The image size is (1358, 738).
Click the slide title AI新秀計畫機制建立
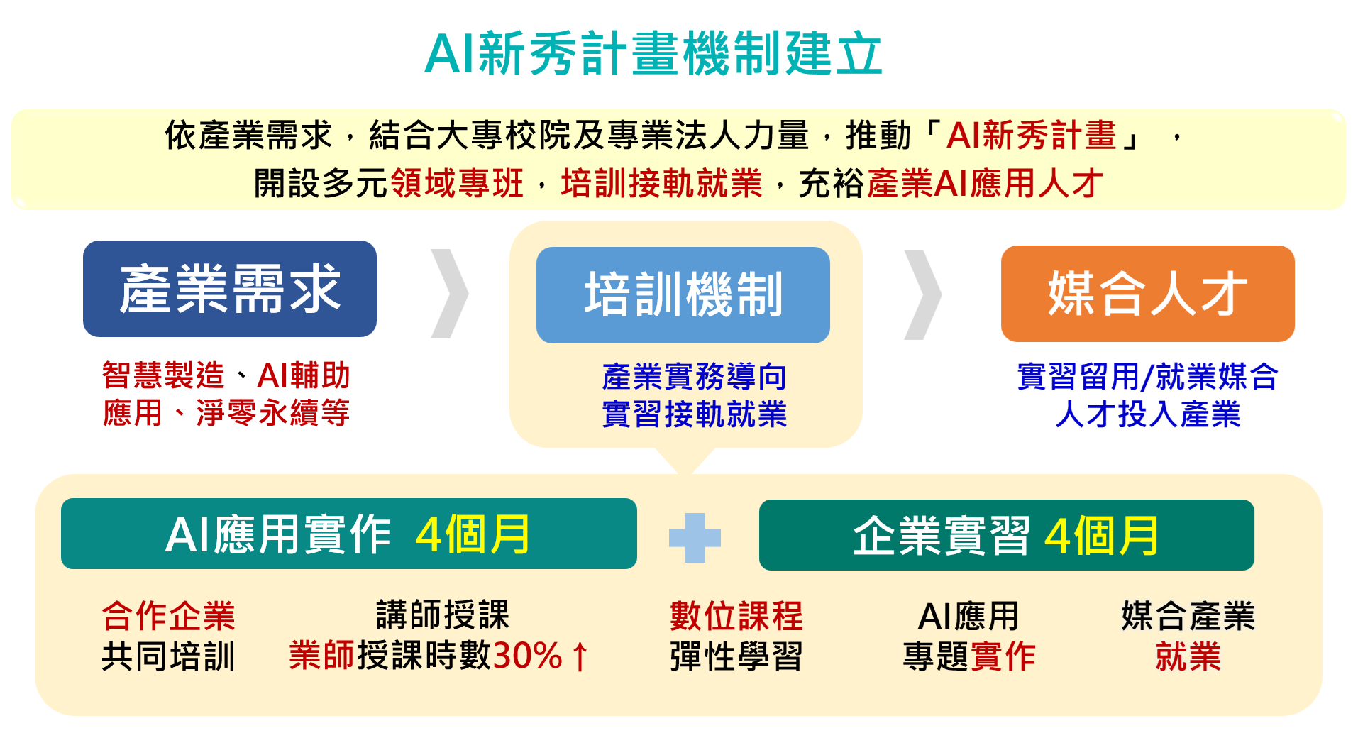(653, 53)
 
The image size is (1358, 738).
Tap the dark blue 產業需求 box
(230, 289)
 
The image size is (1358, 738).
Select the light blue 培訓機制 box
(683, 295)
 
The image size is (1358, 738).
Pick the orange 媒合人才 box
(1148, 294)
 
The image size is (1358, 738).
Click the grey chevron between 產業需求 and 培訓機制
(450, 293)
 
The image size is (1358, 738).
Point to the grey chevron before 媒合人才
(923, 294)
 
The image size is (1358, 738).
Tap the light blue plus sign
(695, 538)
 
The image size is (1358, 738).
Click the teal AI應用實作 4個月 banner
(349, 534)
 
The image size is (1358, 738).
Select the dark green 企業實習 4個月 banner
(1007, 535)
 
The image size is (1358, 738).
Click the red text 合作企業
(168, 615)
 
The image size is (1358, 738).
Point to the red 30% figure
(527, 655)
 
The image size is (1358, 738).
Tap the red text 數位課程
(736, 615)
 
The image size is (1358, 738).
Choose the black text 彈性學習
(736, 656)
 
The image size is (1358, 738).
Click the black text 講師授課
(443, 615)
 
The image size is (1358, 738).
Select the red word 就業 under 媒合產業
(1188, 656)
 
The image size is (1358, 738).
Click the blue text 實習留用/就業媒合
(1148, 376)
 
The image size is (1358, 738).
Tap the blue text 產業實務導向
(694, 376)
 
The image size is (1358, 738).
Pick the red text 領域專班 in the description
(457, 183)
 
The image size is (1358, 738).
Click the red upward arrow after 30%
(580, 656)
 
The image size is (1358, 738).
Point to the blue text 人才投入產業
(1148, 414)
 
